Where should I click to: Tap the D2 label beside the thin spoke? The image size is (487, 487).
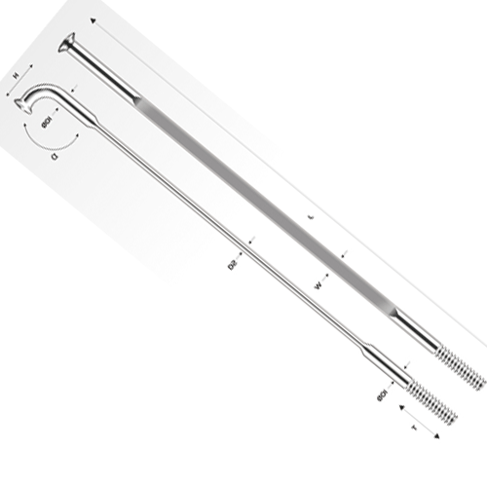click(234, 263)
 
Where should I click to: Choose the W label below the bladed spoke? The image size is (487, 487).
click(318, 285)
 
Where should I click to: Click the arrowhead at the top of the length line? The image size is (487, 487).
click(92, 19)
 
